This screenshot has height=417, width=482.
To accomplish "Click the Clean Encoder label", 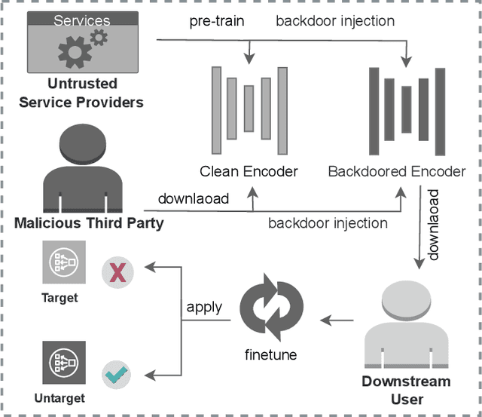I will coord(249,171).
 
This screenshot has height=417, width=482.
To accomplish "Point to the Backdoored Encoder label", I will coord(397,171).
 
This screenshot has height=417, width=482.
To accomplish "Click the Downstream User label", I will coord(407,390).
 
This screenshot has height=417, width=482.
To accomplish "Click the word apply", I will coord(203,307).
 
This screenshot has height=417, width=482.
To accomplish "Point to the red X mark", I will coord(118,272).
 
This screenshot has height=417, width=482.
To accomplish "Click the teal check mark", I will coord(118,373).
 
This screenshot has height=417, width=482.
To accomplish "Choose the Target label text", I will coord(59,298).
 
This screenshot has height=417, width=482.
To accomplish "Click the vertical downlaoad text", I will coord(433,225).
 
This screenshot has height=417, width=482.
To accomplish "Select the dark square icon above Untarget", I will coord(63,363).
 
